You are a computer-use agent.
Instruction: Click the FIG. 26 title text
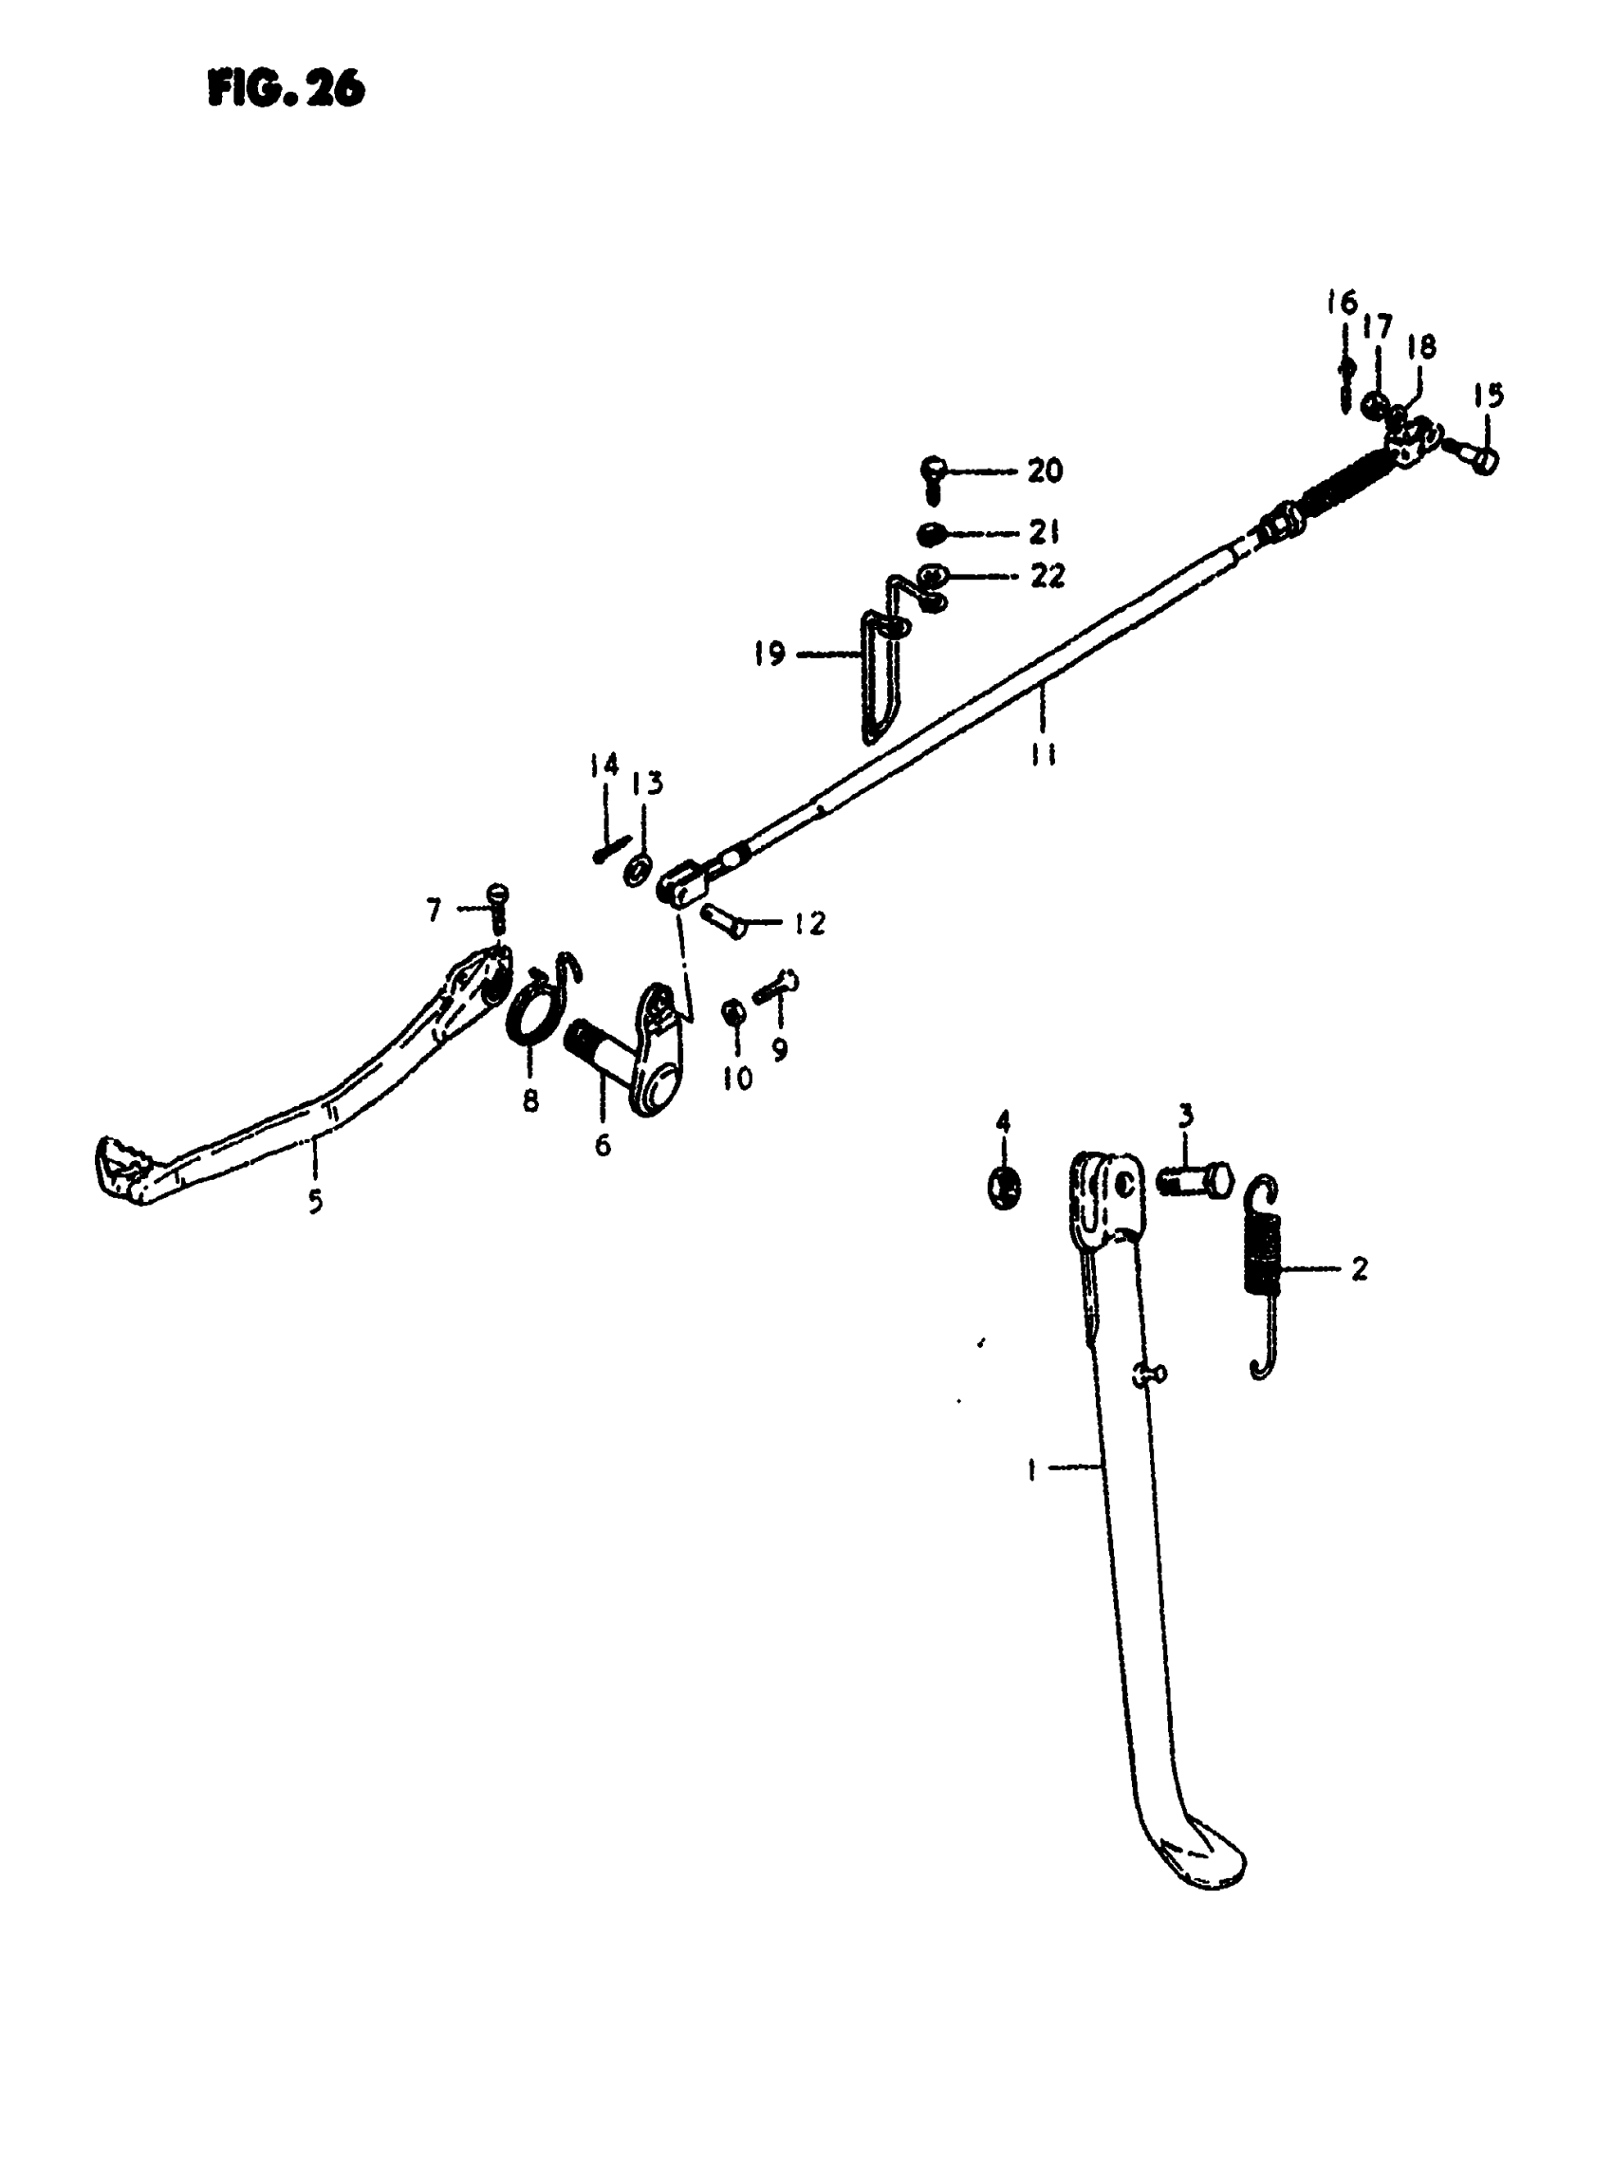click(x=287, y=90)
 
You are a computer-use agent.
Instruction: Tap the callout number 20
click(x=1044, y=470)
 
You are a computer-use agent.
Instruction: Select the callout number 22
click(x=1047, y=576)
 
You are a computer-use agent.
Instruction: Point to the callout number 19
click(x=769, y=653)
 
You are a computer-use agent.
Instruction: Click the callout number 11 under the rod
click(x=1043, y=754)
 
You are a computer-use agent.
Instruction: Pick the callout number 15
click(x=1489, y=396)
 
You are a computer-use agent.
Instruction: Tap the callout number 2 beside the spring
click(x=1359, y=1268)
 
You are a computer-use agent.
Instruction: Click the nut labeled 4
click(x=1004, y=1187)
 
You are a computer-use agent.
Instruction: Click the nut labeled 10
click(x=734, y=1013)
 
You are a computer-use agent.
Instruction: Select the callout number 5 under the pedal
click(x=314, y=1202)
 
